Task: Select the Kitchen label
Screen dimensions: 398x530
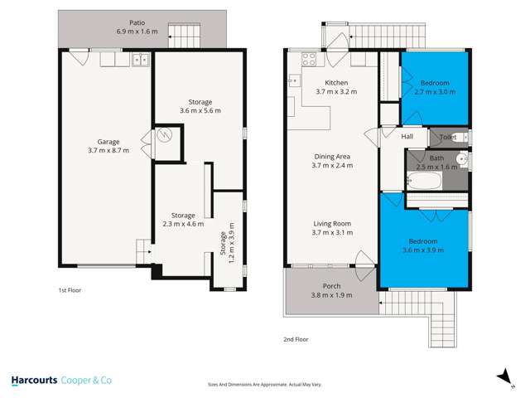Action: point(335,83)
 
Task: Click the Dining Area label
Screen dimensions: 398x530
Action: point(332,156)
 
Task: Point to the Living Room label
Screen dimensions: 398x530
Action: point(332,224)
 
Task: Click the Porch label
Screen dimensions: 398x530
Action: point(331,286)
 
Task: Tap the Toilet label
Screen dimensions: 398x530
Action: point(448,137)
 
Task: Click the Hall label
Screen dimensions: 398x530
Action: point(407,137)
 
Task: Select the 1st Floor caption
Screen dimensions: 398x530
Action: point(70,291)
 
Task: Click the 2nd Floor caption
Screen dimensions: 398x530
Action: point(296,340)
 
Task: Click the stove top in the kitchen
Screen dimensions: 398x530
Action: point(309,59)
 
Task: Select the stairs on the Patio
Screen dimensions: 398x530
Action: point(181,35)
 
